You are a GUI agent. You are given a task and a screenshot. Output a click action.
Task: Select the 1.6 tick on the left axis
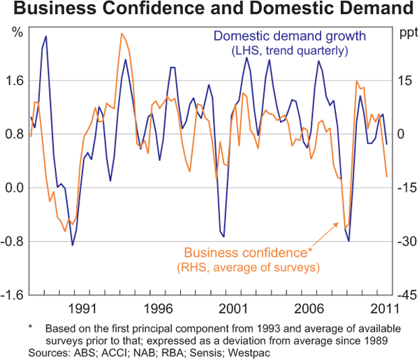click(x=14, y=80)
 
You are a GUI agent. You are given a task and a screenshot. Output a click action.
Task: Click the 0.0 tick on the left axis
click(x=14, y=188)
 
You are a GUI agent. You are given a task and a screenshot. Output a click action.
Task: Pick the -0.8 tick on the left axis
click(x=13, y=242)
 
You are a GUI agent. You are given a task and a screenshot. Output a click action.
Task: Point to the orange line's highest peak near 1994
click(x=122, y=34)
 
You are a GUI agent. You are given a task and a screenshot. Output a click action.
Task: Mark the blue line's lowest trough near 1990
click(x=72, y=245)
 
